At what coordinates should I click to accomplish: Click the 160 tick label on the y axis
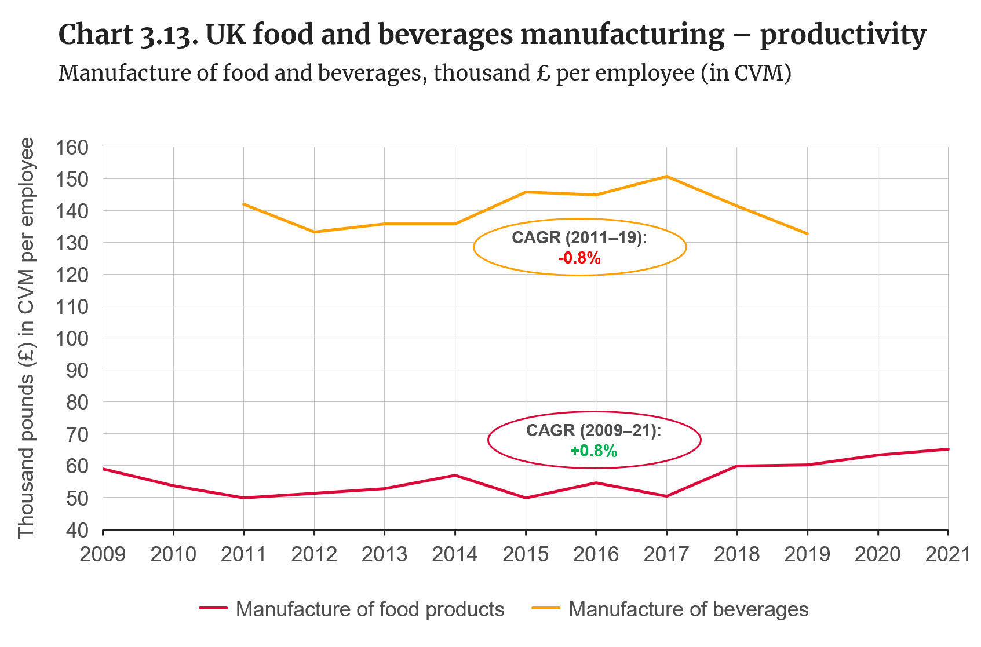click(72, 147)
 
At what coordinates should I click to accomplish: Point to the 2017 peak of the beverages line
click(666, 176)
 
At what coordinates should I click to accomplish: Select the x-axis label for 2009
click(103, 554)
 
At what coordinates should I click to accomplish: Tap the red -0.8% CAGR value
click(579, 258)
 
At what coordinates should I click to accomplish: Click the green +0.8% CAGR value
click(594, 451)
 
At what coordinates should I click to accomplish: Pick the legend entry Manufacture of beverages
click(688, 609)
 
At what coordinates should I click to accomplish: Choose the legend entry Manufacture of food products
click(370, 609)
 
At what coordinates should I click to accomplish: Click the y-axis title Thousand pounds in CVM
click(27, 338)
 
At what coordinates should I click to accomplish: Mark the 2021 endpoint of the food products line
click(948, 449)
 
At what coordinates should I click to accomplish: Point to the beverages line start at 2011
click(243, 204)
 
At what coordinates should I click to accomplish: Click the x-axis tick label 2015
click(525, 554)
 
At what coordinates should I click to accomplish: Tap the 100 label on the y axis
click(72, 338)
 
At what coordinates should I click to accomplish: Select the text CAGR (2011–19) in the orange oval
click(579, 238)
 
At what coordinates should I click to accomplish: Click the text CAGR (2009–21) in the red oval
click(593, 430)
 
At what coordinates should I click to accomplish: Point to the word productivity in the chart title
click(843, 35)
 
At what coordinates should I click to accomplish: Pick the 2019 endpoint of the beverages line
click(807, 233)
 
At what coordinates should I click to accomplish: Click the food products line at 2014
click(455, 476)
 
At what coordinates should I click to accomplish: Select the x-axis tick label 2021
click(948, 554)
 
